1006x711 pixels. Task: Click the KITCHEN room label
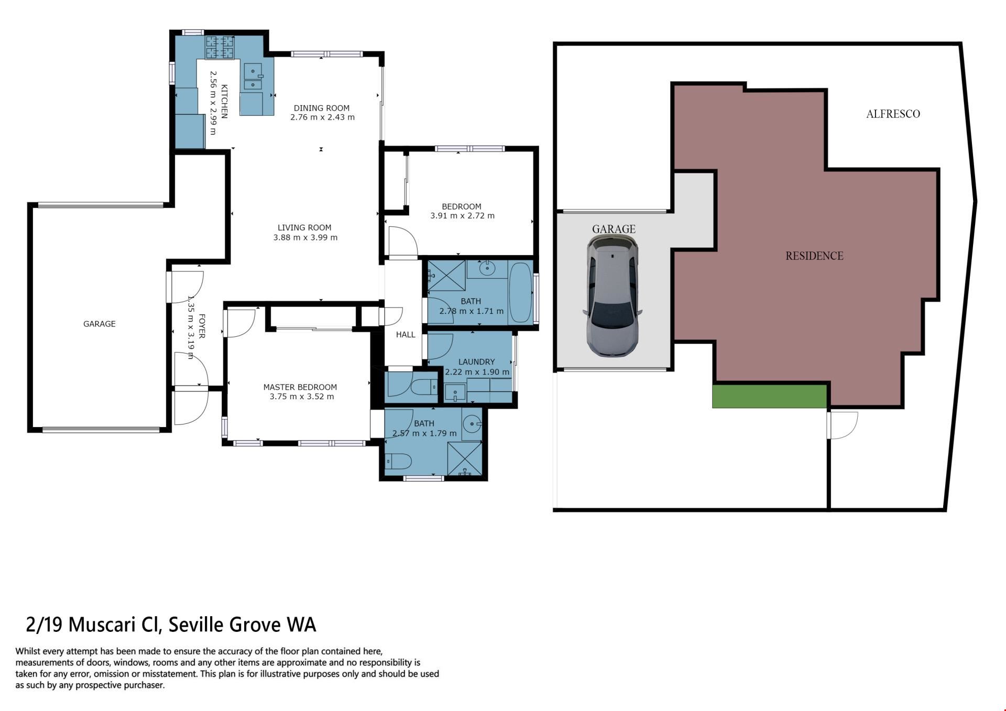click(224, 101)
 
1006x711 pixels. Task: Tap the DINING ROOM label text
click(321, 108)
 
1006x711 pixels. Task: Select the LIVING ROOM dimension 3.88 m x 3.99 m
click(305, 237)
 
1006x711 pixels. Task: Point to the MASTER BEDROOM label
click(300, 387)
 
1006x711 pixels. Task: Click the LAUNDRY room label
click(476, 362)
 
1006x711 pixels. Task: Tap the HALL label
click(406, 334)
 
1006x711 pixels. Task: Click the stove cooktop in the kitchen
click(220, 47)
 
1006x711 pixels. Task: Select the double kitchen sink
click(253, 77)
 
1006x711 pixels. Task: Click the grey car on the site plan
click(613, 296)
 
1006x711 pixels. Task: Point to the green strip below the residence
click(769, 396)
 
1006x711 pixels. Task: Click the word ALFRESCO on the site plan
click(893, 114)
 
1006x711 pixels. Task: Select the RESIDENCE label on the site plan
click(814, 256)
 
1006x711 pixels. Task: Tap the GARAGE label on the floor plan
click(99, 324)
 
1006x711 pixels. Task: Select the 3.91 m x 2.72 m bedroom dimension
click(462, 215)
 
